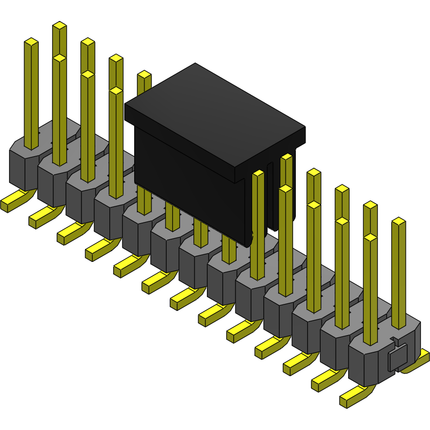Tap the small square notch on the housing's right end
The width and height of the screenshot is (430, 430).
[x=396, y=358]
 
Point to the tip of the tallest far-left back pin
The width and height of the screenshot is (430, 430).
[x=59, y=25]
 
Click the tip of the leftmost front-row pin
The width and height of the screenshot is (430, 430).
[x=31, y=41]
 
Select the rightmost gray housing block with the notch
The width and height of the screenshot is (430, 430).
[x=372, y=358]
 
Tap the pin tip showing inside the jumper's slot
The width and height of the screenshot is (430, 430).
[x=287, y=157]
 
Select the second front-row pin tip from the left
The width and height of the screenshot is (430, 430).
[x=59, y=58]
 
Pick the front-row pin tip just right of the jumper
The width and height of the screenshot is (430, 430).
[x=258, y=174]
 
